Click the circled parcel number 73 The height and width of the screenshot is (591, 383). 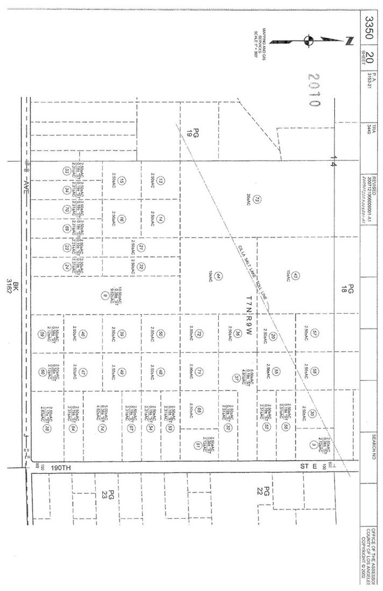257,199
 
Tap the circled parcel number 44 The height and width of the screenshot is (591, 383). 219,276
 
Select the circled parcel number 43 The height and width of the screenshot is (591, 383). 296,275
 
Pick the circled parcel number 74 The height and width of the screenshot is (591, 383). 101,428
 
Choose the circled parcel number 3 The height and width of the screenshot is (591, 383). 313,444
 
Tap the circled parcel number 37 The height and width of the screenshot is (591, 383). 236,378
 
